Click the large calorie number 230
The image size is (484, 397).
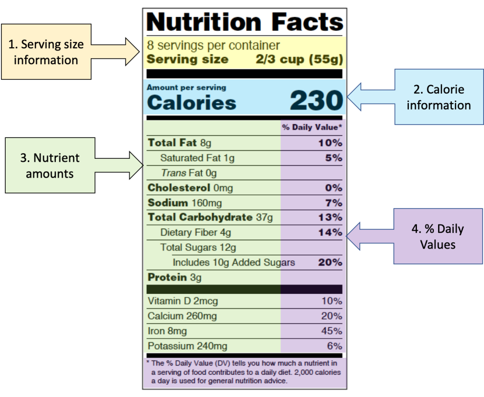(x=316, y=100)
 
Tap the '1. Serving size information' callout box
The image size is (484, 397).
(x=46, y=52)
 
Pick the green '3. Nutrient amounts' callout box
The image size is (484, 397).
(x=50, y=165)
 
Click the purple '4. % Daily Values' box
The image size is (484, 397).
(x=438, y=236)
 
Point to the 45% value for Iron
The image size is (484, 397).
(x=331, y=331)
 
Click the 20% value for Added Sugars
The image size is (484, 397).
(x=330, y=262)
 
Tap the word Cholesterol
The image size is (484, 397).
(x=179, y=188)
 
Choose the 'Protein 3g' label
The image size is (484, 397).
(x=174, y=277)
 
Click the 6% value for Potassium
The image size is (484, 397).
(x=334, y=346)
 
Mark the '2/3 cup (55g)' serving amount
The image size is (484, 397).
(x=299, y=60)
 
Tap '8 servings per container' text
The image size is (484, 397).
(x=213, y=45)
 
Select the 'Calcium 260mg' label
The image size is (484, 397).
(x=182, y=316)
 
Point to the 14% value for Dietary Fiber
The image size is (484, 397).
(x=330, y=232)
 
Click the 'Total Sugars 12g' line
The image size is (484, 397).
(x=198, y=247)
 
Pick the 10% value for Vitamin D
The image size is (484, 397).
(x=331, y=301)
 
